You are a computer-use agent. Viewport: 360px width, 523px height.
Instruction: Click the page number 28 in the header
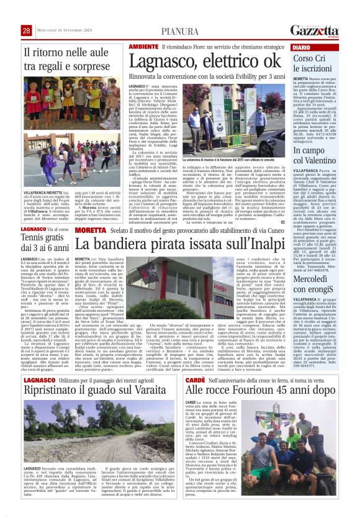tap(26, 30)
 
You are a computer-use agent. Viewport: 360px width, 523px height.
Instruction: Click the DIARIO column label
tap(302, 47)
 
